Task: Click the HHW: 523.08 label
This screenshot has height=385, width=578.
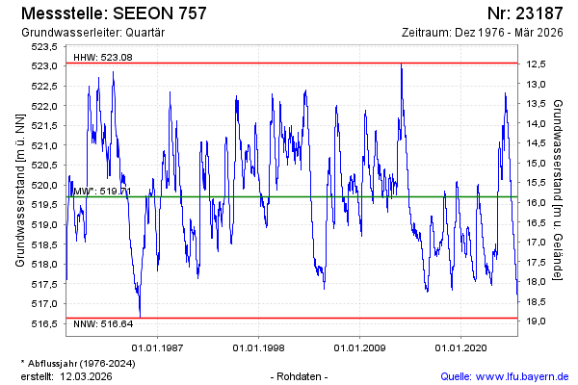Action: [103, 58]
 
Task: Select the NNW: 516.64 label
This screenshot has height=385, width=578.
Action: [103, 325]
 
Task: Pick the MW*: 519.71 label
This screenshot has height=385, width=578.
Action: [101, 191]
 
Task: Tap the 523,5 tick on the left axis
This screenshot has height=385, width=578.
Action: [45, 46]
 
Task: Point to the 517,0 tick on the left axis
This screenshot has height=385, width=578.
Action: [45, 303]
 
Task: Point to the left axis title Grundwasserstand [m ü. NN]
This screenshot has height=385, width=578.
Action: [20, 189]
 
